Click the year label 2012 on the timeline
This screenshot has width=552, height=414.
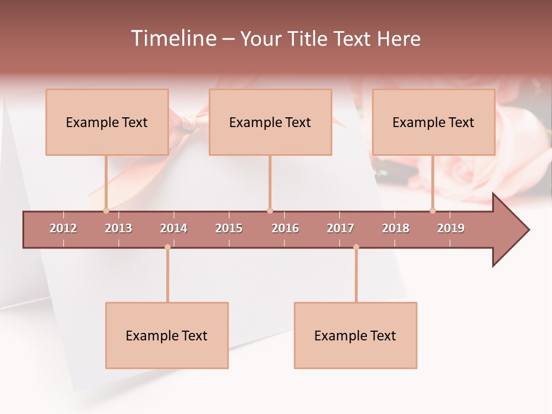tap(63, 228)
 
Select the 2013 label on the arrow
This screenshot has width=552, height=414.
tap(118, 228)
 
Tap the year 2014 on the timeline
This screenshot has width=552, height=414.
tap(174, 228)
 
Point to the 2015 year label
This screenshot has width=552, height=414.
tap(229, 228)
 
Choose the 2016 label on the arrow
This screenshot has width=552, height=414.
tap(285, 228)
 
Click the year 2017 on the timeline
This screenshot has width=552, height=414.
tap(340, 228)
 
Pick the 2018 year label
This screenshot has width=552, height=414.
tap(396, 228)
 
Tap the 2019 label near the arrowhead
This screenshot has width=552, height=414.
tap(451, 228)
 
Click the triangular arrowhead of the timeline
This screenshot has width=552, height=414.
tap(509, 230)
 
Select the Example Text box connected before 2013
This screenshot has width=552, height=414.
tap(107, 122)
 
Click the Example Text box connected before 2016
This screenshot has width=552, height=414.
tap(270, 122)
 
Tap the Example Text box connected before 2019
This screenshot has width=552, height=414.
tap(434, 122)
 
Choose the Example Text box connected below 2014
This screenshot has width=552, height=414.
tap(167, 335)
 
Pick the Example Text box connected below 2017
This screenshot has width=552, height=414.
tap(355, 335)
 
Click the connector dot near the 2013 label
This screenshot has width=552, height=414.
tap(106, 210)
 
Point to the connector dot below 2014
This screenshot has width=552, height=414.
tap(167, 247)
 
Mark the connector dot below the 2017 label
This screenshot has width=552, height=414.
tap(356, 247)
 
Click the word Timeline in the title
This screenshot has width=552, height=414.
tap(173, 39)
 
